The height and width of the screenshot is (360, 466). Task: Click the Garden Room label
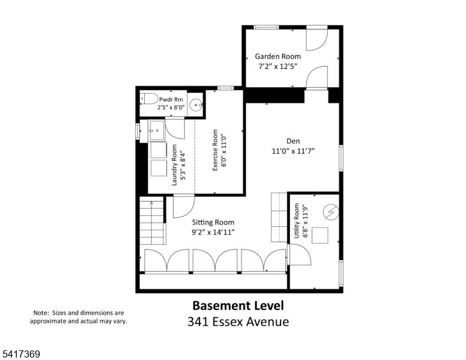click(x=278, y=56)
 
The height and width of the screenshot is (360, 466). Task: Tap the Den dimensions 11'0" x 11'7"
click(x=293, y=151)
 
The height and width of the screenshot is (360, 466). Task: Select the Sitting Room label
click(x=213, y=223)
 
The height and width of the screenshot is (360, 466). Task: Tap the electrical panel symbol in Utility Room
click(x=331, y=212)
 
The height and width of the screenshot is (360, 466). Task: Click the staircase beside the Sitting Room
click(x=152, y=220)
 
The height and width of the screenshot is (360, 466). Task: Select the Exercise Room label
click(x=215, y=150)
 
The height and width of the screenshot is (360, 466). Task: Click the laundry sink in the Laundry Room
click(x=156, y=130)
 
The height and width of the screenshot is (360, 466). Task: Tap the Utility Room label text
click(x=296, y=221)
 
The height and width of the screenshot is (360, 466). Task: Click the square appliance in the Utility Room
click(x=320, y=236)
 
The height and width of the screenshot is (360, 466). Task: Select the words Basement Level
click(x=238, y=305)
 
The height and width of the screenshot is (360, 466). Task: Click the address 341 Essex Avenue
click(x=238, y=322)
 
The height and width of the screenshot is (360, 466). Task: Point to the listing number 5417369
click(x=21, y=354)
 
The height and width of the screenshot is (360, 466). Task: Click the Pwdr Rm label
click(x=171, y=100)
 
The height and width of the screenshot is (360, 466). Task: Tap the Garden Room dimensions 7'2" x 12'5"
click(x=278, y=66)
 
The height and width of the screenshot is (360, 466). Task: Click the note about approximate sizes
click(x=79, y=317)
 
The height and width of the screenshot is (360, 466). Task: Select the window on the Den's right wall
click(x=341, y=158)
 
